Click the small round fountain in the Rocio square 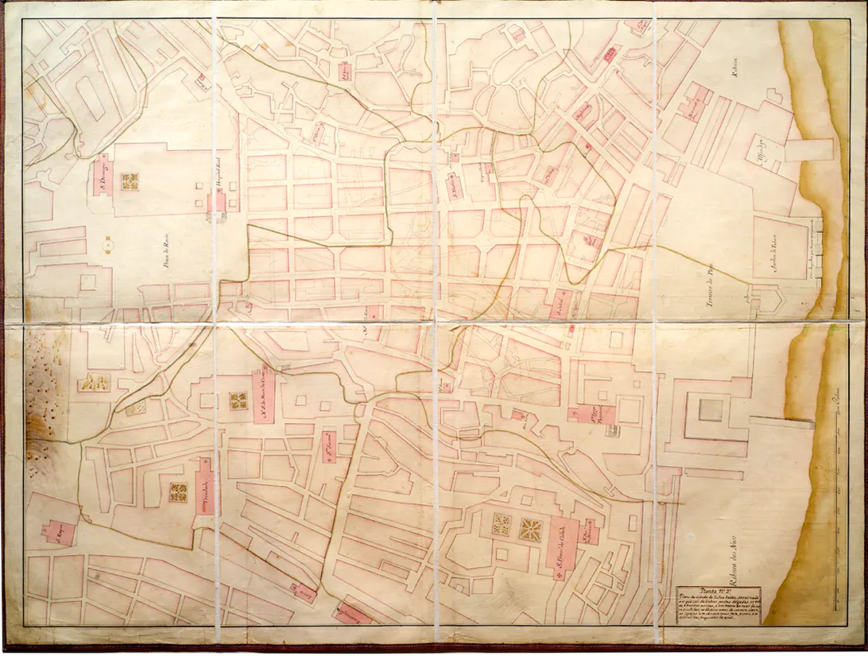tap(107, 247)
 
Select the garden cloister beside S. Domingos tap(130, 181)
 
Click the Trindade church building tap(203, 487)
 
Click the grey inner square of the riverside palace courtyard tap(711, 410)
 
